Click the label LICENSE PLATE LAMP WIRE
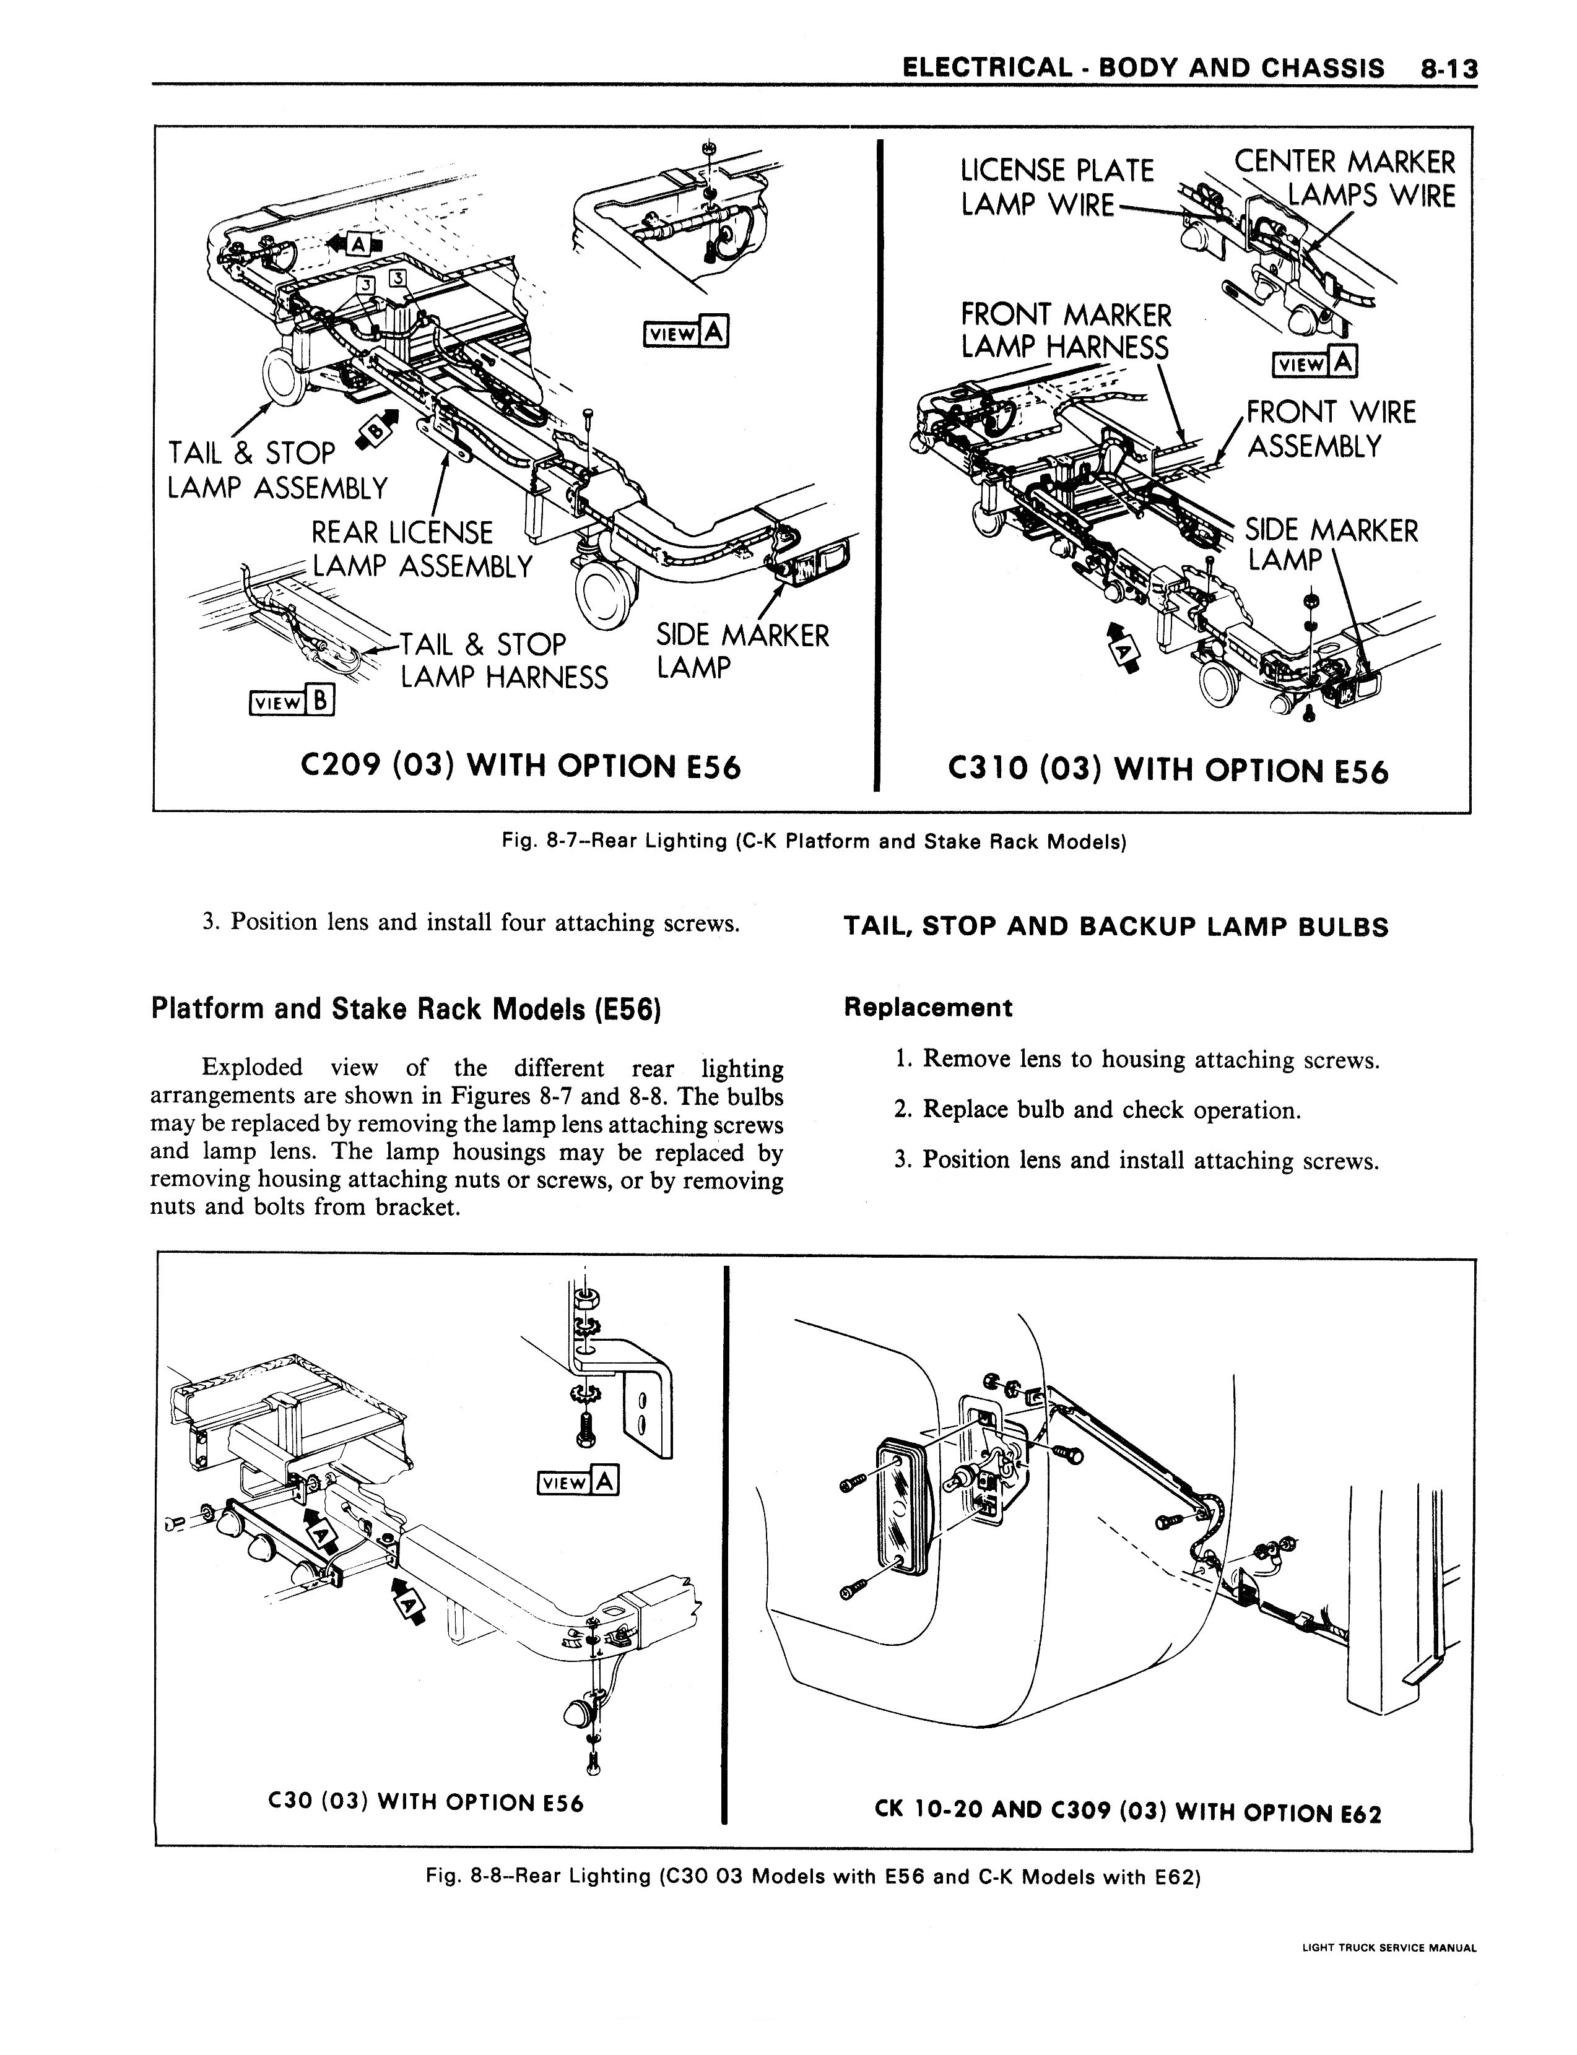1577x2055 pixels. [x=1056, y=187]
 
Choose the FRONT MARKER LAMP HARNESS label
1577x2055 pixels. [x=1066, y=331]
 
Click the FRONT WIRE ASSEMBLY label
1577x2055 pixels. [x=1330, y=429]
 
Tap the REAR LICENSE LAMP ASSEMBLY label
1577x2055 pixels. [x=420, y=550]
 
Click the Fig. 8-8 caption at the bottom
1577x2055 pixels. [x=813, y=1877]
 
